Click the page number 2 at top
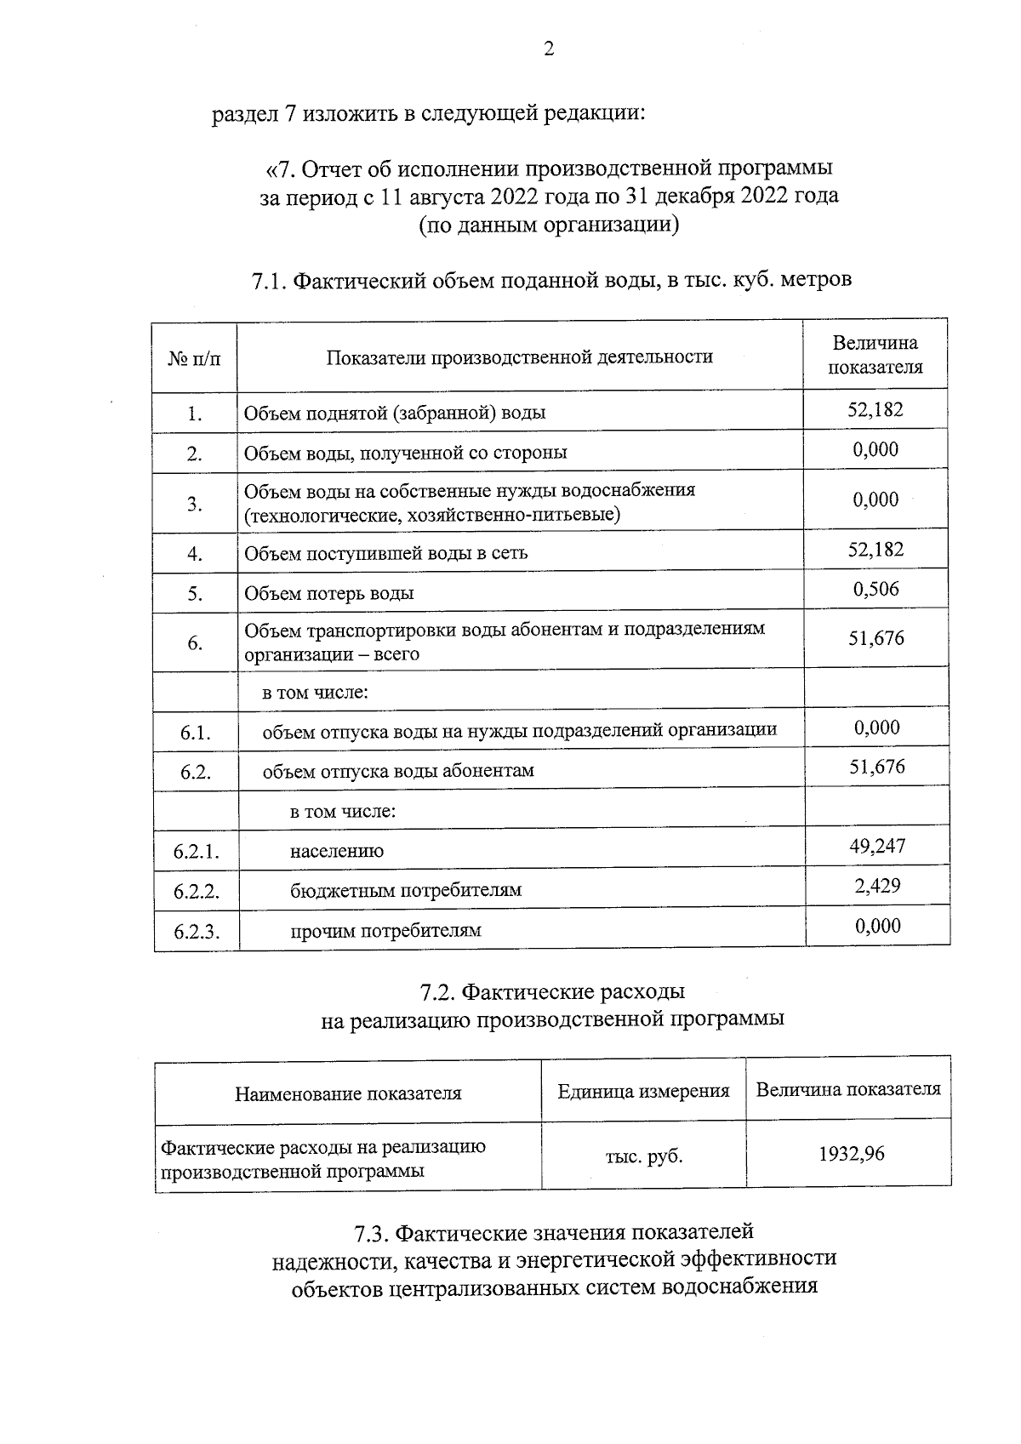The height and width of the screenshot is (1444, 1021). [549, 49]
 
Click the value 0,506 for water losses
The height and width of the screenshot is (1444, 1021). [876, 590]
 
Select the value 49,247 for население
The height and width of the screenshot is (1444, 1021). [877, 846]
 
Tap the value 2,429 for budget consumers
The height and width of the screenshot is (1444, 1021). [877, 886]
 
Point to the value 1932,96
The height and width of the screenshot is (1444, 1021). [851, 1155]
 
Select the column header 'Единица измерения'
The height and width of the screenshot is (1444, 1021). [643, 1091]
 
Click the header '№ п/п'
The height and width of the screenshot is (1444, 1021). [194, 358]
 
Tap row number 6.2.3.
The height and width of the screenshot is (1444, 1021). [197, 932]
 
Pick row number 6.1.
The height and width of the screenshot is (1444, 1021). [196, 733]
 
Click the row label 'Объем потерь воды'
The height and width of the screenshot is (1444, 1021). [329, 593]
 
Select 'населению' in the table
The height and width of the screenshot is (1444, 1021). [337, 851]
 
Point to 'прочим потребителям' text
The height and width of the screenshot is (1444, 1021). [385, 931]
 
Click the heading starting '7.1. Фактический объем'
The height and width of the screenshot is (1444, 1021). [551, 279]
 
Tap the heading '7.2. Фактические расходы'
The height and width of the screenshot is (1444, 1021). [552, 992]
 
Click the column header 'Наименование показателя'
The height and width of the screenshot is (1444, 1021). [348, 1093]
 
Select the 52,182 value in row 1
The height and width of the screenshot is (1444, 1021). [876, 410]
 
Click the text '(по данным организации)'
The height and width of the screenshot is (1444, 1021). [549, 225]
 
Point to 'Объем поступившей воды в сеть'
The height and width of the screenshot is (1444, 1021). [385, 553]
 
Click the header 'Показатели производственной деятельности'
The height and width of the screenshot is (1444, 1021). [519, 357]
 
